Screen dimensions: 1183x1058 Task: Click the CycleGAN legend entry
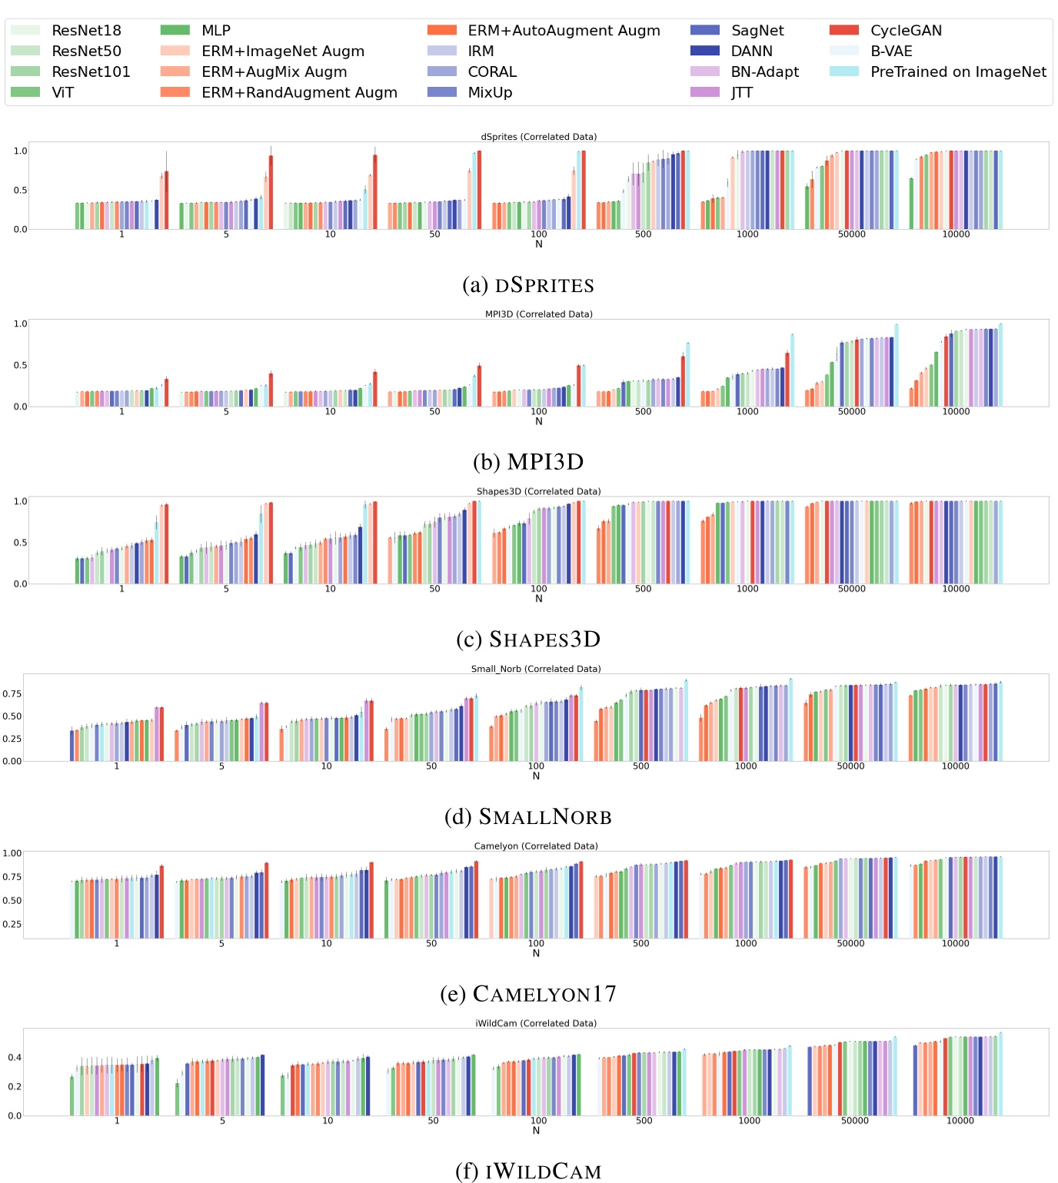tap(905, 31)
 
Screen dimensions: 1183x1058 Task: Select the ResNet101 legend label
tap(91, 72)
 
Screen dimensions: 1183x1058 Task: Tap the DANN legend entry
tap(751, 52)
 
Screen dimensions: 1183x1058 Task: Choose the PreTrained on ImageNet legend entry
tap(957, 72)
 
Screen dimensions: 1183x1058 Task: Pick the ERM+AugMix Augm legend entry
tap(274, 72)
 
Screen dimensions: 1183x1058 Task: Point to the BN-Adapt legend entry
tap(764, 72)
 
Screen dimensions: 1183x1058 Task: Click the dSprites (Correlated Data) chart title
tap(538, 137)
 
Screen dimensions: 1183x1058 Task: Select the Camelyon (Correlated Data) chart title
tap(536, 846)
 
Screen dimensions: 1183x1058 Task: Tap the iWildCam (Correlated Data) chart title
tap(536, 1023)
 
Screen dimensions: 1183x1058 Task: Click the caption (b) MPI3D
tap(528, 462)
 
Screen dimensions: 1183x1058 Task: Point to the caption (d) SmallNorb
tap(528, 816)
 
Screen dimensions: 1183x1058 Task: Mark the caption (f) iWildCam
tap(528, 1171)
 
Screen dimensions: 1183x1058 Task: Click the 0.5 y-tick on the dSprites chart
tap(20, 191)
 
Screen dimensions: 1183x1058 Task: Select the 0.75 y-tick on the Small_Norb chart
tap(12, 694)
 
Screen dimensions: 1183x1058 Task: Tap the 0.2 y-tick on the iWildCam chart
tap(15, 1087)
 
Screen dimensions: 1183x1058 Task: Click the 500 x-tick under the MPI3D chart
tap(643, 412)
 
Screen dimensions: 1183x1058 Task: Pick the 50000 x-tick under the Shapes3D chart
tap(851, 589)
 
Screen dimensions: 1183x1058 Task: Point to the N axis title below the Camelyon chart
tap(536, 954)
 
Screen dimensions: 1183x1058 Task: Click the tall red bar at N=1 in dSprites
tap(167, 200)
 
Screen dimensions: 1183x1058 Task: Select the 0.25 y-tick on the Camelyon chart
tap(12, 925)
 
